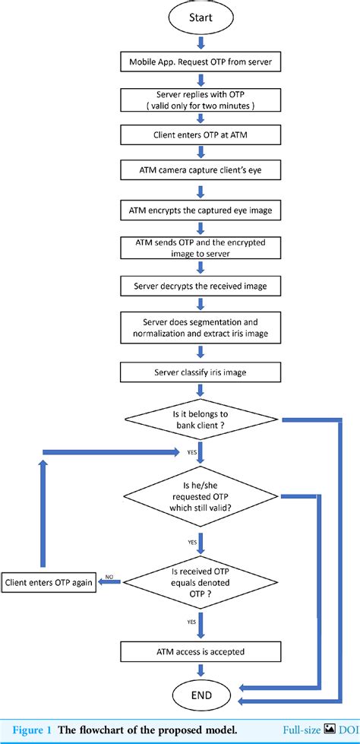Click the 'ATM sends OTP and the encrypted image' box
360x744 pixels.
(x=200, y=247)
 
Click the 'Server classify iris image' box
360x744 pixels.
(x=200, y=373)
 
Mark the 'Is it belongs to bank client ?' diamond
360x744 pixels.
(x=200, y=419)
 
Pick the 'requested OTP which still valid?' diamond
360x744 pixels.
(x=200, y=498)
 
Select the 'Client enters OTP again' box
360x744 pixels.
(x=49, y=582)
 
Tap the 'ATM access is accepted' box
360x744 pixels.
(x=200, y=651)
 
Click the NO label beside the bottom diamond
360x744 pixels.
(x=109, y=578)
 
